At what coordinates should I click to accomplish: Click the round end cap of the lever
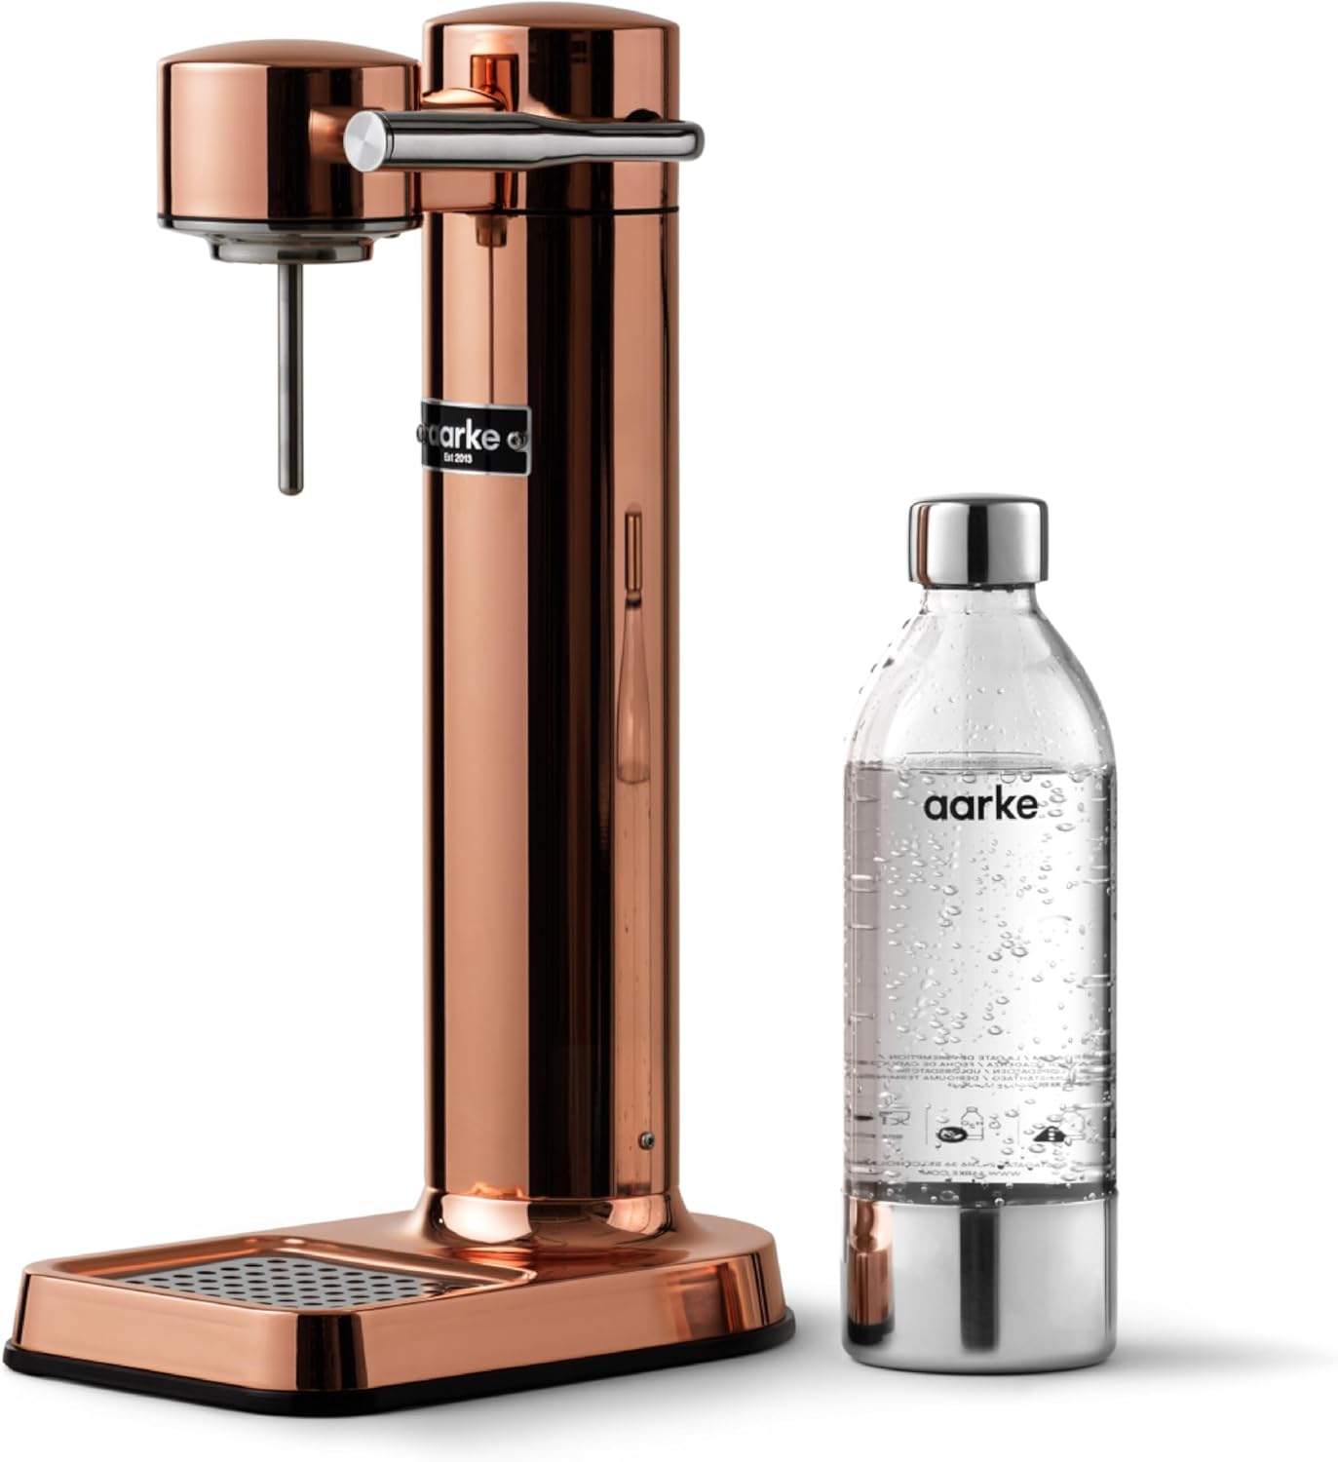click(x=362, y=141)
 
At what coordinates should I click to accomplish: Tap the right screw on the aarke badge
click(x=524, y=441)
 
